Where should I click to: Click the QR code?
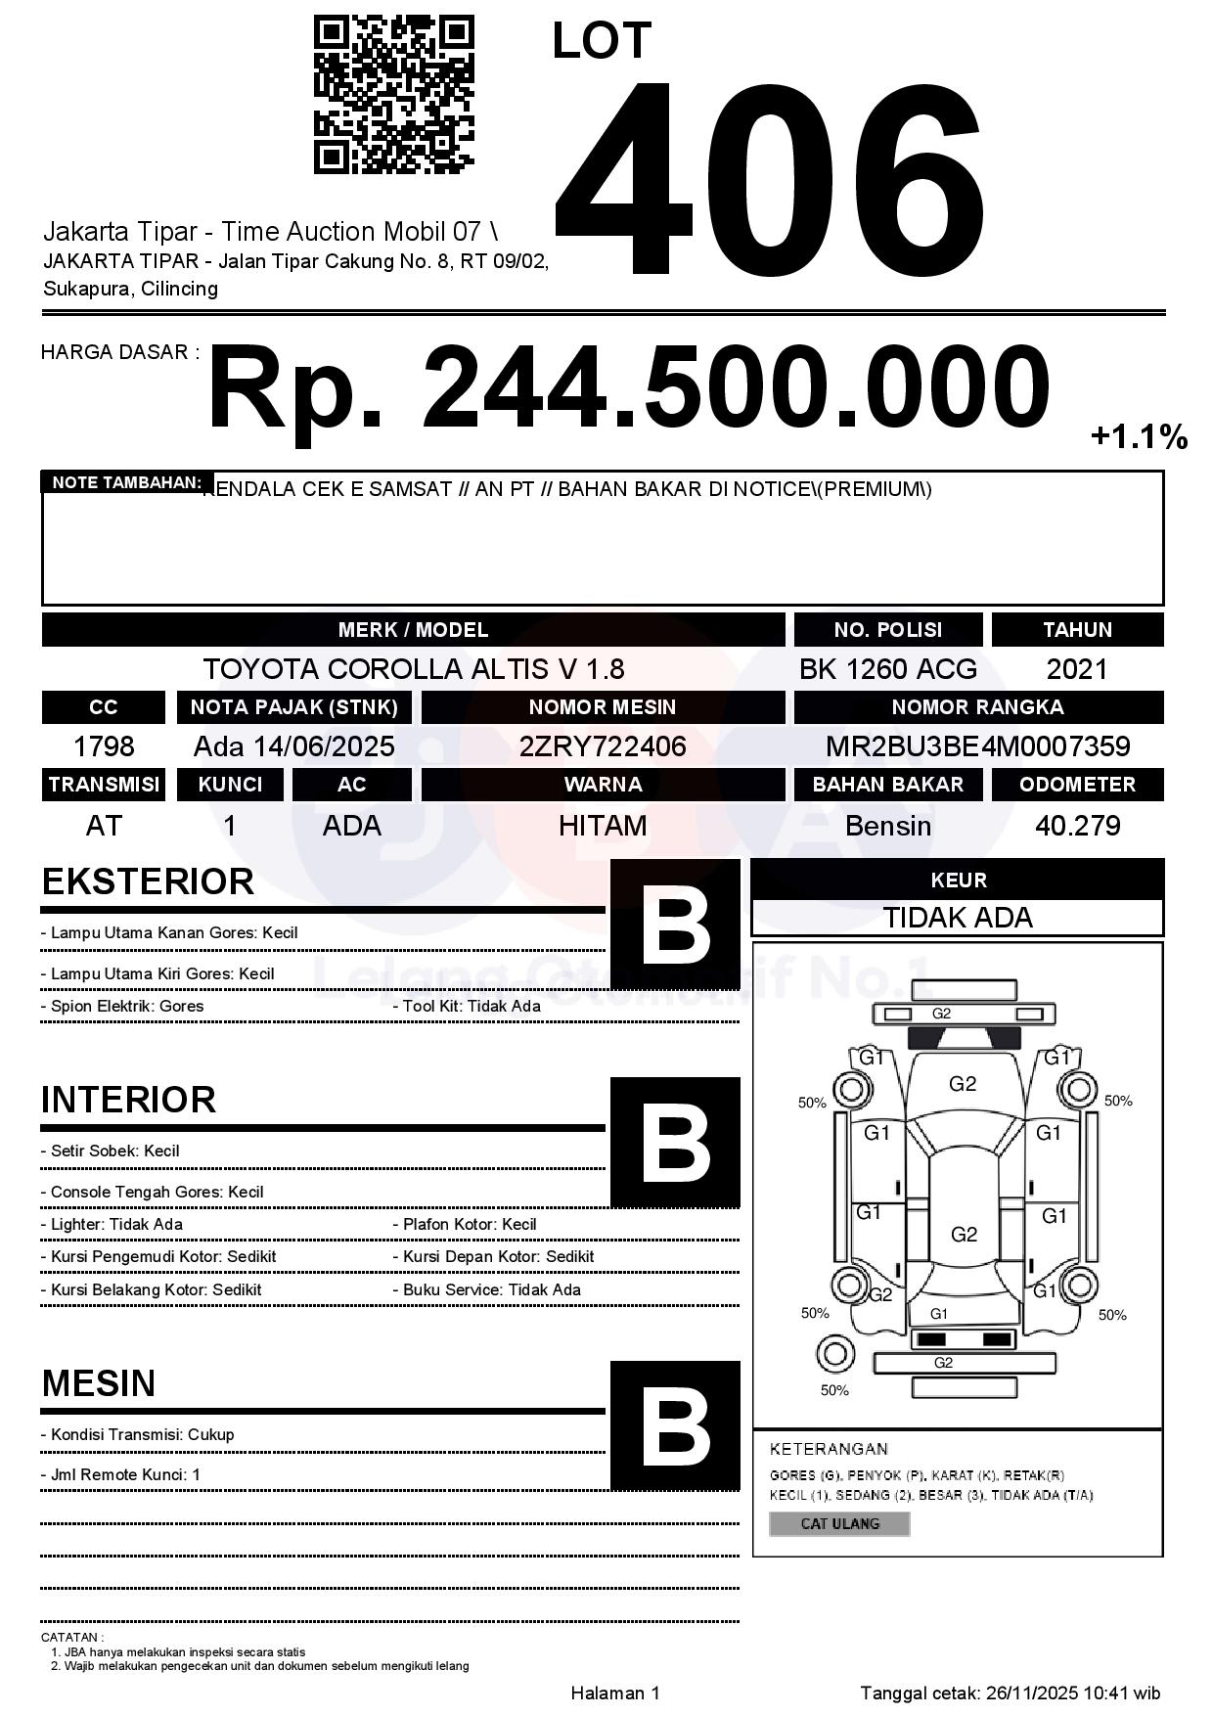(x=393, y=95)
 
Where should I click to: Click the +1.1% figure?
(x=1139, y=436)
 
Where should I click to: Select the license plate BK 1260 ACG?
(x=887, y=669)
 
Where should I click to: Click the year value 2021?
(x=1077, y=669)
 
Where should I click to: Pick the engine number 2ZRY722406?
(x=603, y=746)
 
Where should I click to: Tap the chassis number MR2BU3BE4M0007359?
(x=977, y=746)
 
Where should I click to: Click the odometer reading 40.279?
(x=1077, y=826)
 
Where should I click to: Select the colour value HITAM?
(x=603, y=826)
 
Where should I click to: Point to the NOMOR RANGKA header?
(x=977, y=706)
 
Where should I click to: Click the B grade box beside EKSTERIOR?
(x=675, y=925)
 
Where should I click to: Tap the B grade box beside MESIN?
(x=675, y=1425)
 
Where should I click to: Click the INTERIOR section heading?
(x=128, y=1100)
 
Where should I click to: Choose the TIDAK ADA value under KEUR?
(x=958, y=918)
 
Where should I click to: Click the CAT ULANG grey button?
(x=839, y=1523)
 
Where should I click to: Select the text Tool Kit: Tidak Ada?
(x=472, y=1006)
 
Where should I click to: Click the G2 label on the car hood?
(x=963, y=1083)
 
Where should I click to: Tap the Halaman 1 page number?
(x=615, y=1693)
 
